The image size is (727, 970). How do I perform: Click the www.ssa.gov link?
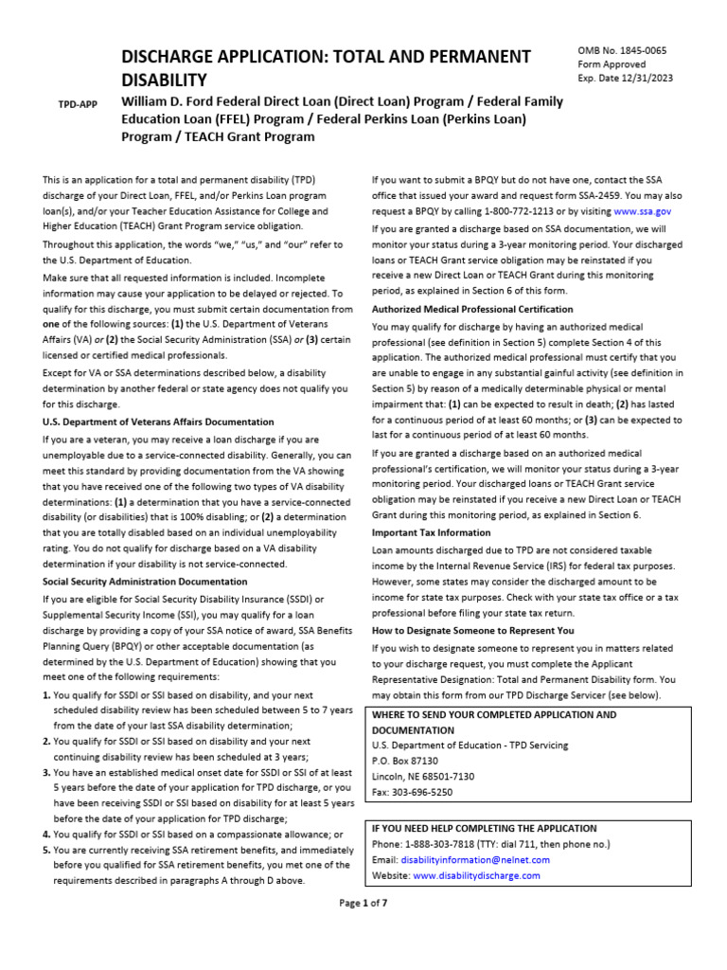point(642,212)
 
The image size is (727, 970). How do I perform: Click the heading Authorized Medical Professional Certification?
point(471,309)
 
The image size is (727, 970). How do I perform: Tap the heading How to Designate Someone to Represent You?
point(472,630)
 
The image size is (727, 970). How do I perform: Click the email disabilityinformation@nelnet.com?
point(474,860)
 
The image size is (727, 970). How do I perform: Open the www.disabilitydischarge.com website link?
point(476,876)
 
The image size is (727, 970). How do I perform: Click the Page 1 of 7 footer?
point(363,903)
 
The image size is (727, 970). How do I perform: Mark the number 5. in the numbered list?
point(46,851)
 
